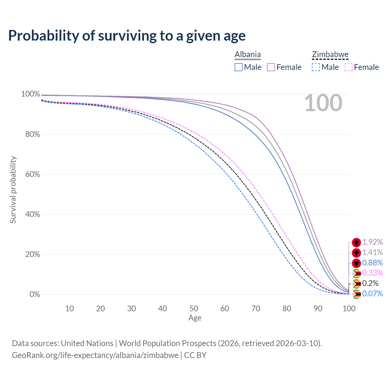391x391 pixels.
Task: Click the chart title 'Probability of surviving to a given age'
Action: pos(127,36)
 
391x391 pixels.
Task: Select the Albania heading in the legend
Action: pos(247,54)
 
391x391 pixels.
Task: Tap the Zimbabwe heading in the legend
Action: pos(330,54)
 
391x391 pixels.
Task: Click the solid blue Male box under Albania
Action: pos(238,68)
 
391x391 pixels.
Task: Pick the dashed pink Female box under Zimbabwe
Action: pos(349,68)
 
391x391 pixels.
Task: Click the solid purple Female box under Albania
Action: pos(271,68)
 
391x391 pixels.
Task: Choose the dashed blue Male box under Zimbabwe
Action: pos(316,68)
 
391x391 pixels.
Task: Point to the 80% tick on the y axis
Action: pos(33,134)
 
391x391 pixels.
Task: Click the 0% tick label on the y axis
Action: pos(35,294)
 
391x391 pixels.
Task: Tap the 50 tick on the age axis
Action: pos(194,309)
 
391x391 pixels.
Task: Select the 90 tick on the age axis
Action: pos(318,309)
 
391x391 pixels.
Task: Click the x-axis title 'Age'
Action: pos(195,318)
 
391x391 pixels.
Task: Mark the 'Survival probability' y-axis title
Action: pos(13,189)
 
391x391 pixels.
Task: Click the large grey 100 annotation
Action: pos(323,103)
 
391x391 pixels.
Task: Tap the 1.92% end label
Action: pos(373,242)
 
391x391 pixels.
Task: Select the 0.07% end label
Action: pos(373,294)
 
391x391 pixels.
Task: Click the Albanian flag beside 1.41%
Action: pos(356,253)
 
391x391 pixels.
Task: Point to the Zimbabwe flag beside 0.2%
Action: pos(356,284)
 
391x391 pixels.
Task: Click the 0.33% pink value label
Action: pos(373,273)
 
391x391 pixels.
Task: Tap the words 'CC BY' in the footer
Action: pos(195,355)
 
